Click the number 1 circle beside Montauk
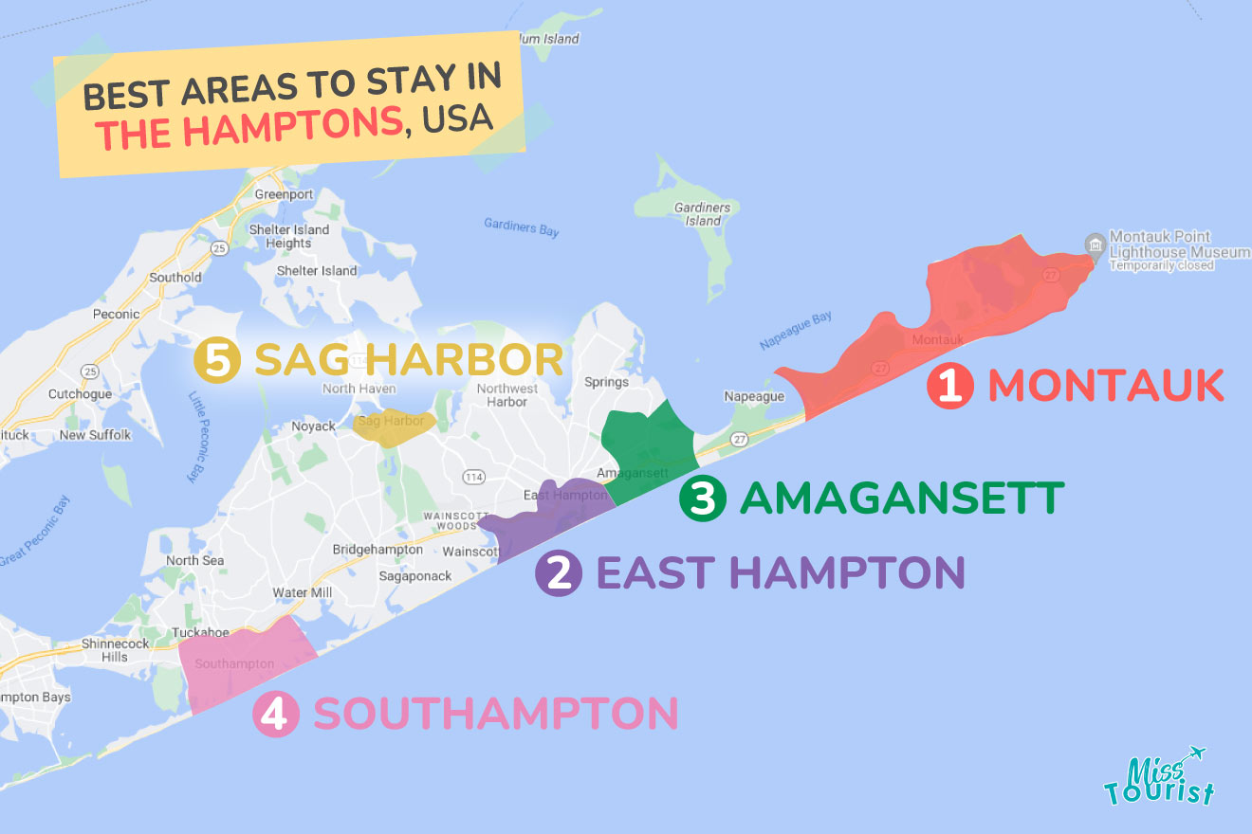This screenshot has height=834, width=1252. (x=950, y=387)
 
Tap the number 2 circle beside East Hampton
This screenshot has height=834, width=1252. (x=559, y=572)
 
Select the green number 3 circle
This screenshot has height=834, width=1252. (x=703, y=499)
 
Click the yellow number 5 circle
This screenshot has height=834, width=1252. (x=217, y=361)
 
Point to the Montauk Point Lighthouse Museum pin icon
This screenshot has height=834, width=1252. (x=1095, y=245)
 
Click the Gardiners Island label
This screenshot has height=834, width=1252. (x=702, y=214)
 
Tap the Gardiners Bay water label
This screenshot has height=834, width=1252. (x=521, y=227)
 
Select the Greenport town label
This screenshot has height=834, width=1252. (x=284, y=194)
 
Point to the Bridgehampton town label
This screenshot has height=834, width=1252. (x=377, y=550)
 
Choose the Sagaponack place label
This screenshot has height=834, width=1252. (x=415, y=575)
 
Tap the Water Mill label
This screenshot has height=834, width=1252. (x=303, y=592)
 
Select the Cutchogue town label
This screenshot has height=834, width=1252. (x=80, y=394)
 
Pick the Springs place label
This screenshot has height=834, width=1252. (x=606, y=382)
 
